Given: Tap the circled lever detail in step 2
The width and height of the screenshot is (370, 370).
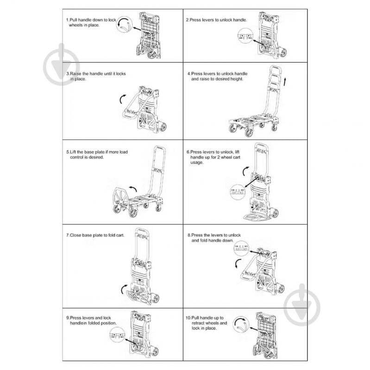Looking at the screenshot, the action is (245, 36).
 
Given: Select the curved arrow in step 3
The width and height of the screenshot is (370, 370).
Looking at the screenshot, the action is (122, 99).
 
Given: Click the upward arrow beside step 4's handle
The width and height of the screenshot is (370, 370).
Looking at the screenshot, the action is (285, 82).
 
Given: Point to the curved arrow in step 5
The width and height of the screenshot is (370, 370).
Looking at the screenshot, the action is (133, 188).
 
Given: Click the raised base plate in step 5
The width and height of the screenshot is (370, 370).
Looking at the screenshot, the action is (120, 197).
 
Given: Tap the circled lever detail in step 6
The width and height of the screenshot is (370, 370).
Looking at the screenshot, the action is (238, 191).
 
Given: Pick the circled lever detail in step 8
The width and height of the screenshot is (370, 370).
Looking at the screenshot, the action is (241, 248).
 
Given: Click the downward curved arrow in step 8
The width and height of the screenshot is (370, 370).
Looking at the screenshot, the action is (238, 263).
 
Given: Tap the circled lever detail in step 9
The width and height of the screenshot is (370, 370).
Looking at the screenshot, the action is (117, 335).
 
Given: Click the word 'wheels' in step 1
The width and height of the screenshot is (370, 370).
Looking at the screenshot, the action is (75, 25).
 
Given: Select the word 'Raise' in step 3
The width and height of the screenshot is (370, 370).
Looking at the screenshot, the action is (75, 74).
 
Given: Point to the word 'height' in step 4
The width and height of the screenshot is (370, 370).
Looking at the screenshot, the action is (236, 79).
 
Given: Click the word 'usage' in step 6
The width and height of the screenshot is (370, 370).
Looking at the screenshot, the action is (196, 163).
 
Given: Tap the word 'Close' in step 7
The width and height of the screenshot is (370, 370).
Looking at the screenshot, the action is (75, 235).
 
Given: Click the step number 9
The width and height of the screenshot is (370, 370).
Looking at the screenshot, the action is (68, 318).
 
